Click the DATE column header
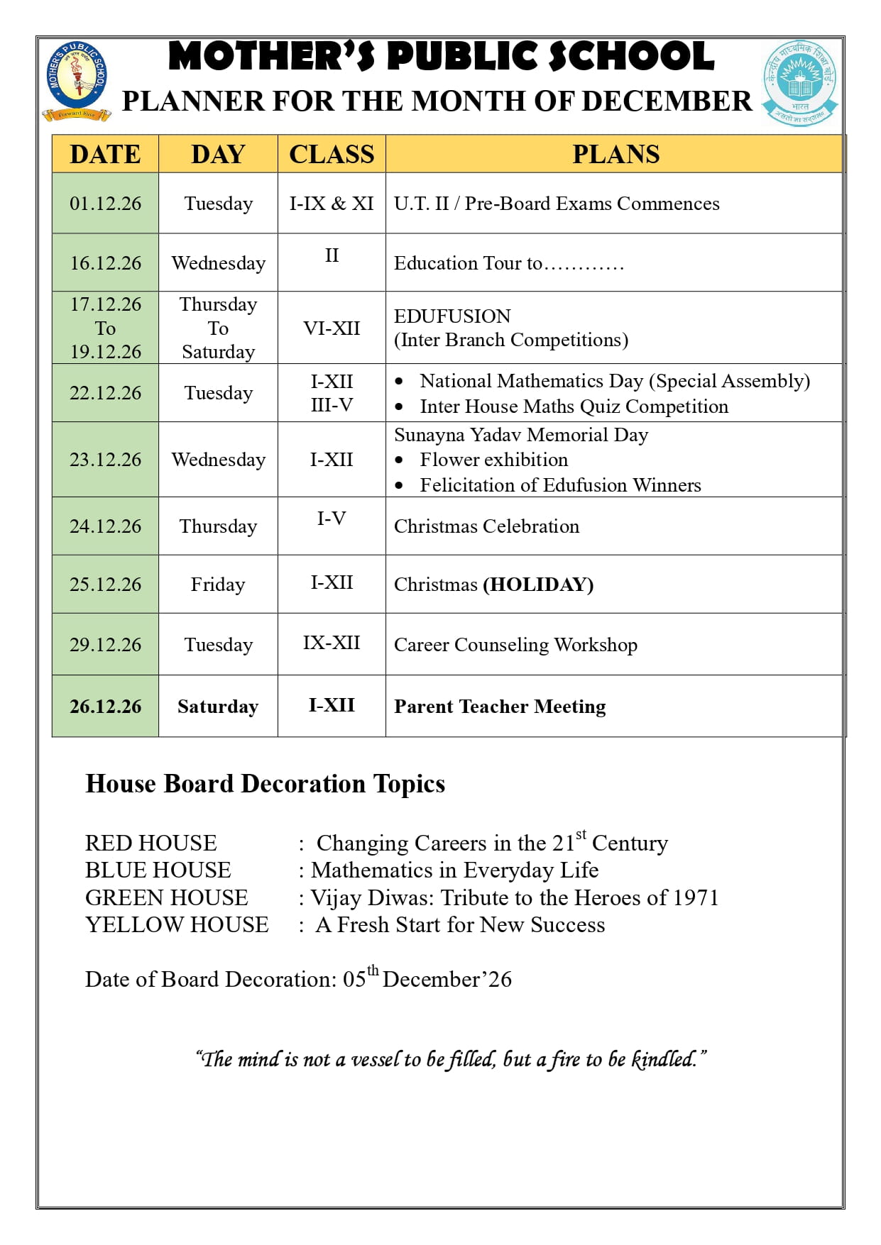[105, 154]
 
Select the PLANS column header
[615, 154]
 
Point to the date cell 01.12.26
[105, 204]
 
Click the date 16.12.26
[105, 263]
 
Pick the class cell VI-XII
[332, 328]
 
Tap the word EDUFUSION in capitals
[452, 316]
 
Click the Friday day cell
[218, 585]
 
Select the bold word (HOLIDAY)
[538, 585]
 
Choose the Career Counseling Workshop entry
[515, 645]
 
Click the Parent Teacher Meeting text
[500, 707]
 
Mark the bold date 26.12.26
[105, 707]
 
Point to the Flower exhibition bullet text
[493, 460]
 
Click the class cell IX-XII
[332, 643]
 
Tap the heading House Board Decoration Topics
[265, 784]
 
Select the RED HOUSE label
[151, 843]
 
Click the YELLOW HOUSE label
[177, 925]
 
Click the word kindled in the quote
[663, 1060]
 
